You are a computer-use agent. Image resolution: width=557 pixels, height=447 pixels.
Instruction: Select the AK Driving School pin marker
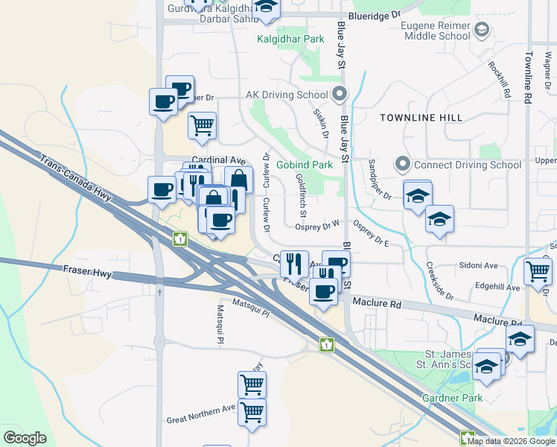(x=340, y=94)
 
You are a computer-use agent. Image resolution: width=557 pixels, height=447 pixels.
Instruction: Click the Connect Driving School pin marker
(x=403, y=164)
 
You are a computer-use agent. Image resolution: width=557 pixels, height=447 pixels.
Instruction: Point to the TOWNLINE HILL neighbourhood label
(x=421, y=118)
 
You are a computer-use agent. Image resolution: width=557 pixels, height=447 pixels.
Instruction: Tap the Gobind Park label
(x=304, y=165)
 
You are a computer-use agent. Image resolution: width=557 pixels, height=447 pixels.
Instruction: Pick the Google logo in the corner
(x=25, y=438)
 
